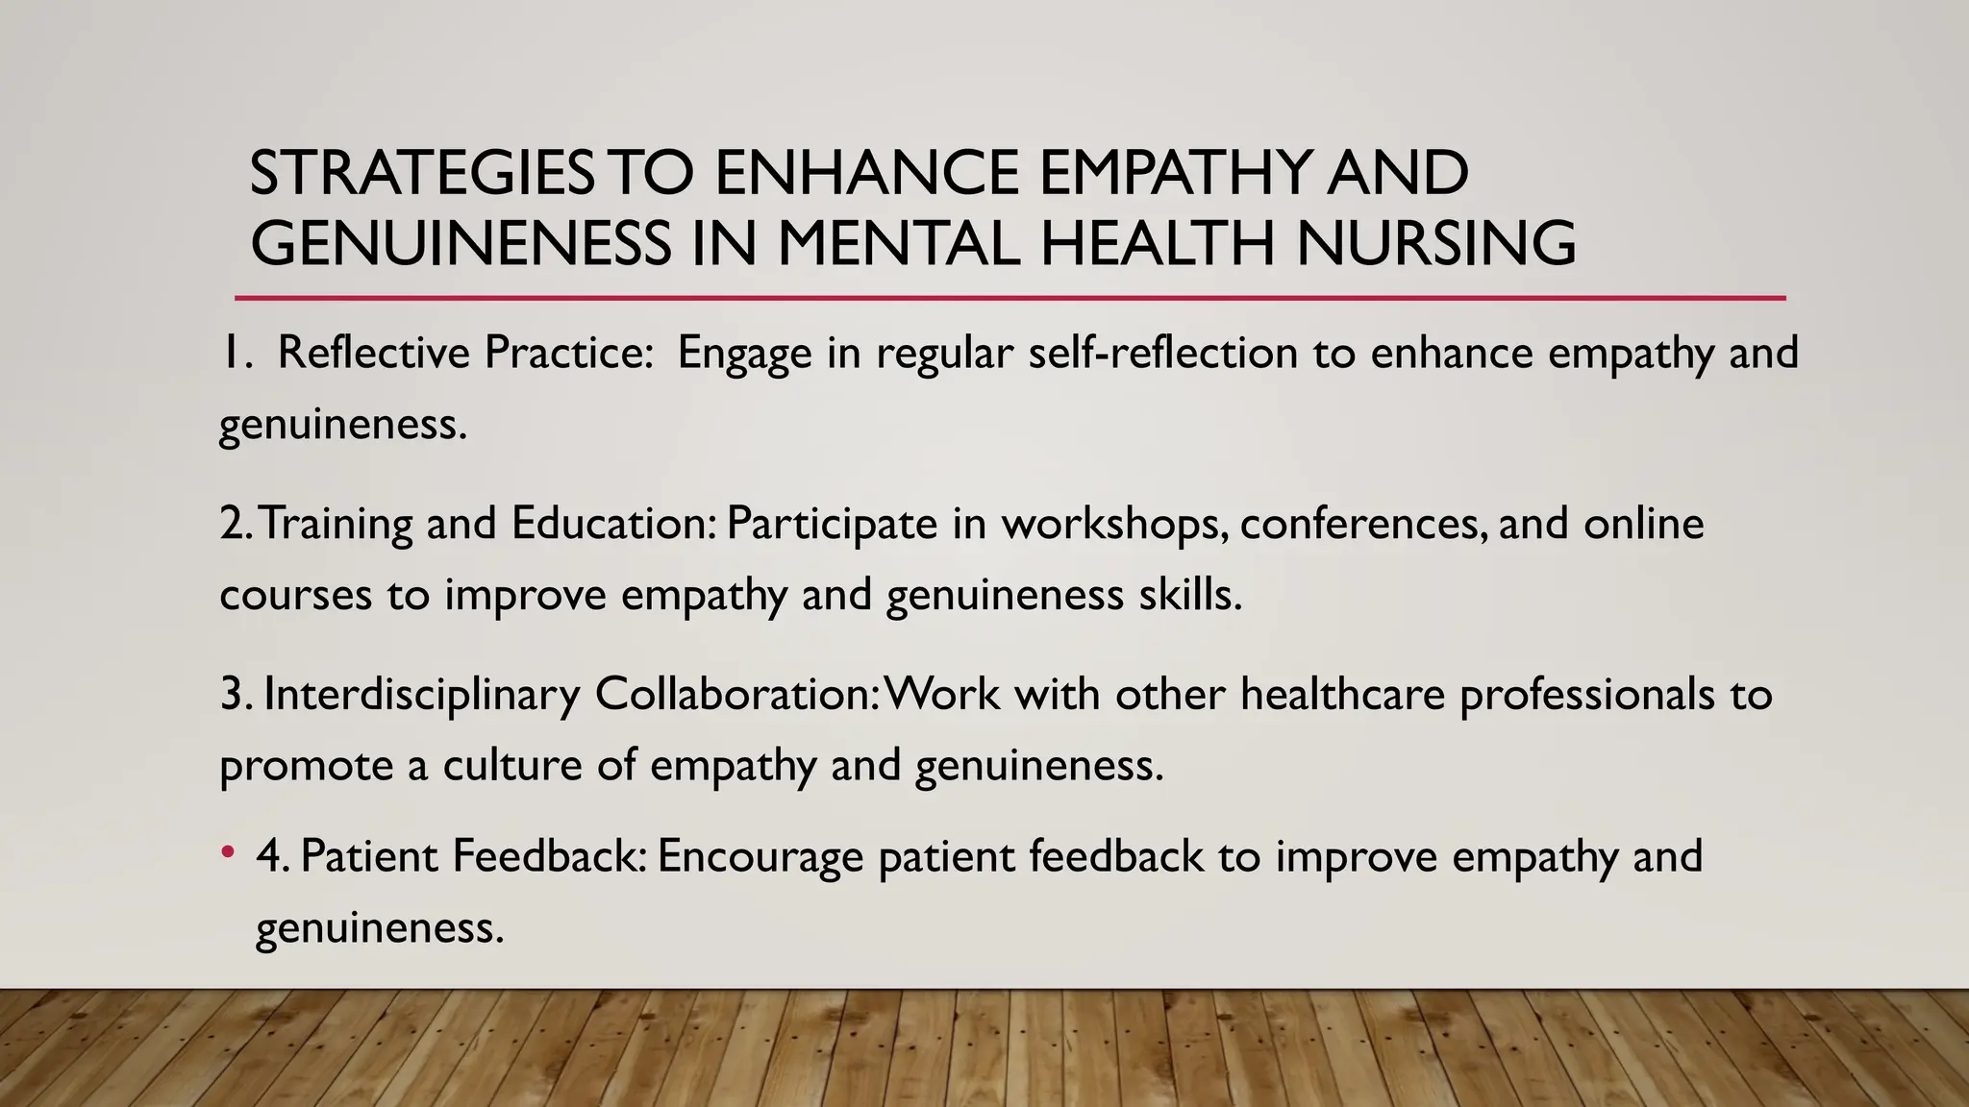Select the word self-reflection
click(x=1162, y=353)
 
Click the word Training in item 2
click(x=336, y=524)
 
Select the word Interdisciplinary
click(x=421, y=695)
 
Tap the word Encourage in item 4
click(x=760, y=857)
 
